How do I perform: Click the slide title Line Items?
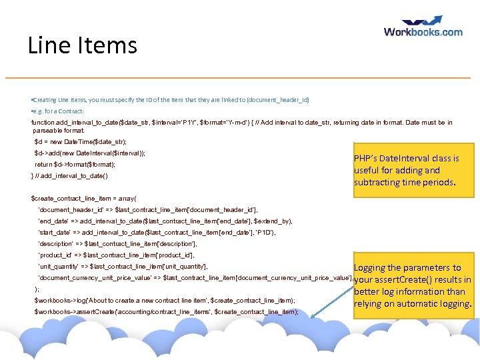(x=82, y=45)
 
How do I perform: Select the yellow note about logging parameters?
(x=413, y=285)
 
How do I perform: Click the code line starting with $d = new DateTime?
(x=80, y=142)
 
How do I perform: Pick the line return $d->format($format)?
(x=75, y=164)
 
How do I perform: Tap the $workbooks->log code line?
(x=164, y=301)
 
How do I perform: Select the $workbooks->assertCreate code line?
(x=166, y=312)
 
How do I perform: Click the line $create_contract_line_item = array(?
(x=83, y=198)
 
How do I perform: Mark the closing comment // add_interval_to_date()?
(x=69, y=175)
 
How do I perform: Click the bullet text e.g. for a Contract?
(x=58, y=111)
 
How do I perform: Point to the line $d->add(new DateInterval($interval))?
(x=90, y=153)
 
